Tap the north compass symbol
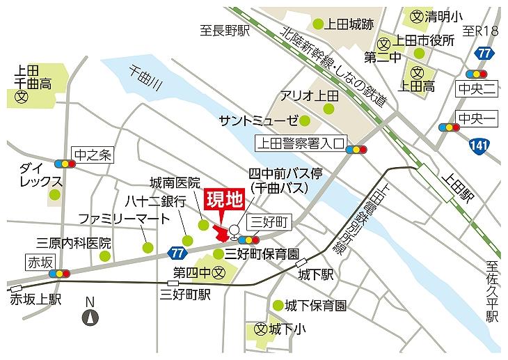pyautogui.click(x=89, y=318)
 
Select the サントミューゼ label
pyautogui.click(x=258, y=120)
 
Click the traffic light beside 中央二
pyautogui.click(x=476, y=74)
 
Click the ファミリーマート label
pyautogui.click(x=123, y=219)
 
